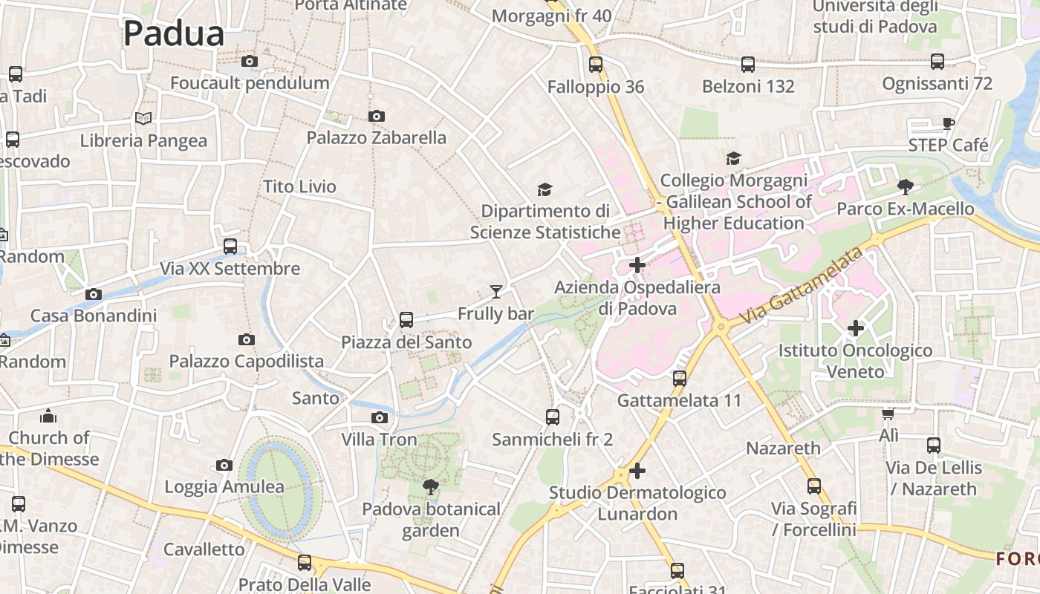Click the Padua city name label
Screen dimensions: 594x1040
(173, 34)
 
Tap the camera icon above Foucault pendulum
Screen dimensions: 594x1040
(250, 61)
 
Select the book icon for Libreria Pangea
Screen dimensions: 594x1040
(143, 118)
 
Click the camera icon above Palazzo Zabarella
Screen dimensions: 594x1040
(377, 116)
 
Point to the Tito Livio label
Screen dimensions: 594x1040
(299, 186)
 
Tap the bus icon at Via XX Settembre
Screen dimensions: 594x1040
(230, 246)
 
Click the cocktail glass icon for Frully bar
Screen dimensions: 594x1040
(496, 292)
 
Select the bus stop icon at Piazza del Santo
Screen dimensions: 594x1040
(406, 320)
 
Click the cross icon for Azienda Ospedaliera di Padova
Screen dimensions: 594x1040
(637, 264)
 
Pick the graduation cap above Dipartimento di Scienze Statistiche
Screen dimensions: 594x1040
(545, 189)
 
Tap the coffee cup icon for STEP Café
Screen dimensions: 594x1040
(948, 123)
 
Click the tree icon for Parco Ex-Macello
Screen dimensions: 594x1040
(905, 186)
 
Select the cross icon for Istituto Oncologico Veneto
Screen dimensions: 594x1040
(856, 327)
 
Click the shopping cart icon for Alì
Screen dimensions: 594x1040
(888, 414)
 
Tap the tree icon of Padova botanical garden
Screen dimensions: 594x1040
(430, 487)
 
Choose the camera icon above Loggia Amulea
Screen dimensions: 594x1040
(224, 465)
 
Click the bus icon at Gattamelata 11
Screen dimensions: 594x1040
(679, 378)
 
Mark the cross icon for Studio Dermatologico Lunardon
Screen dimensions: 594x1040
(637, 471)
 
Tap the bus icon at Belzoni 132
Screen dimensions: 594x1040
(748, 65)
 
